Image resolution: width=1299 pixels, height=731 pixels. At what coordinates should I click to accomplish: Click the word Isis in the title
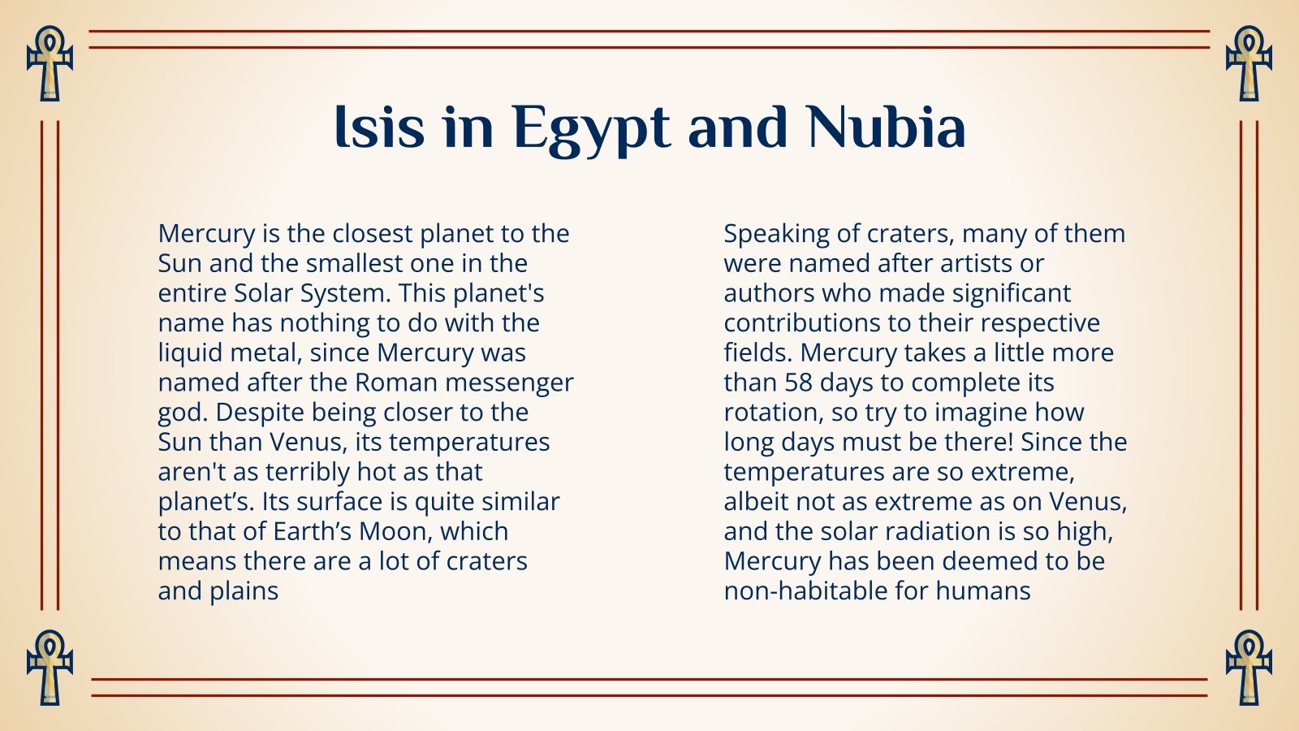[x=379, y=128]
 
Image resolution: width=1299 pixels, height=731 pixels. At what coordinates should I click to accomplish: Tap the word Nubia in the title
[x=887, y=128]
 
